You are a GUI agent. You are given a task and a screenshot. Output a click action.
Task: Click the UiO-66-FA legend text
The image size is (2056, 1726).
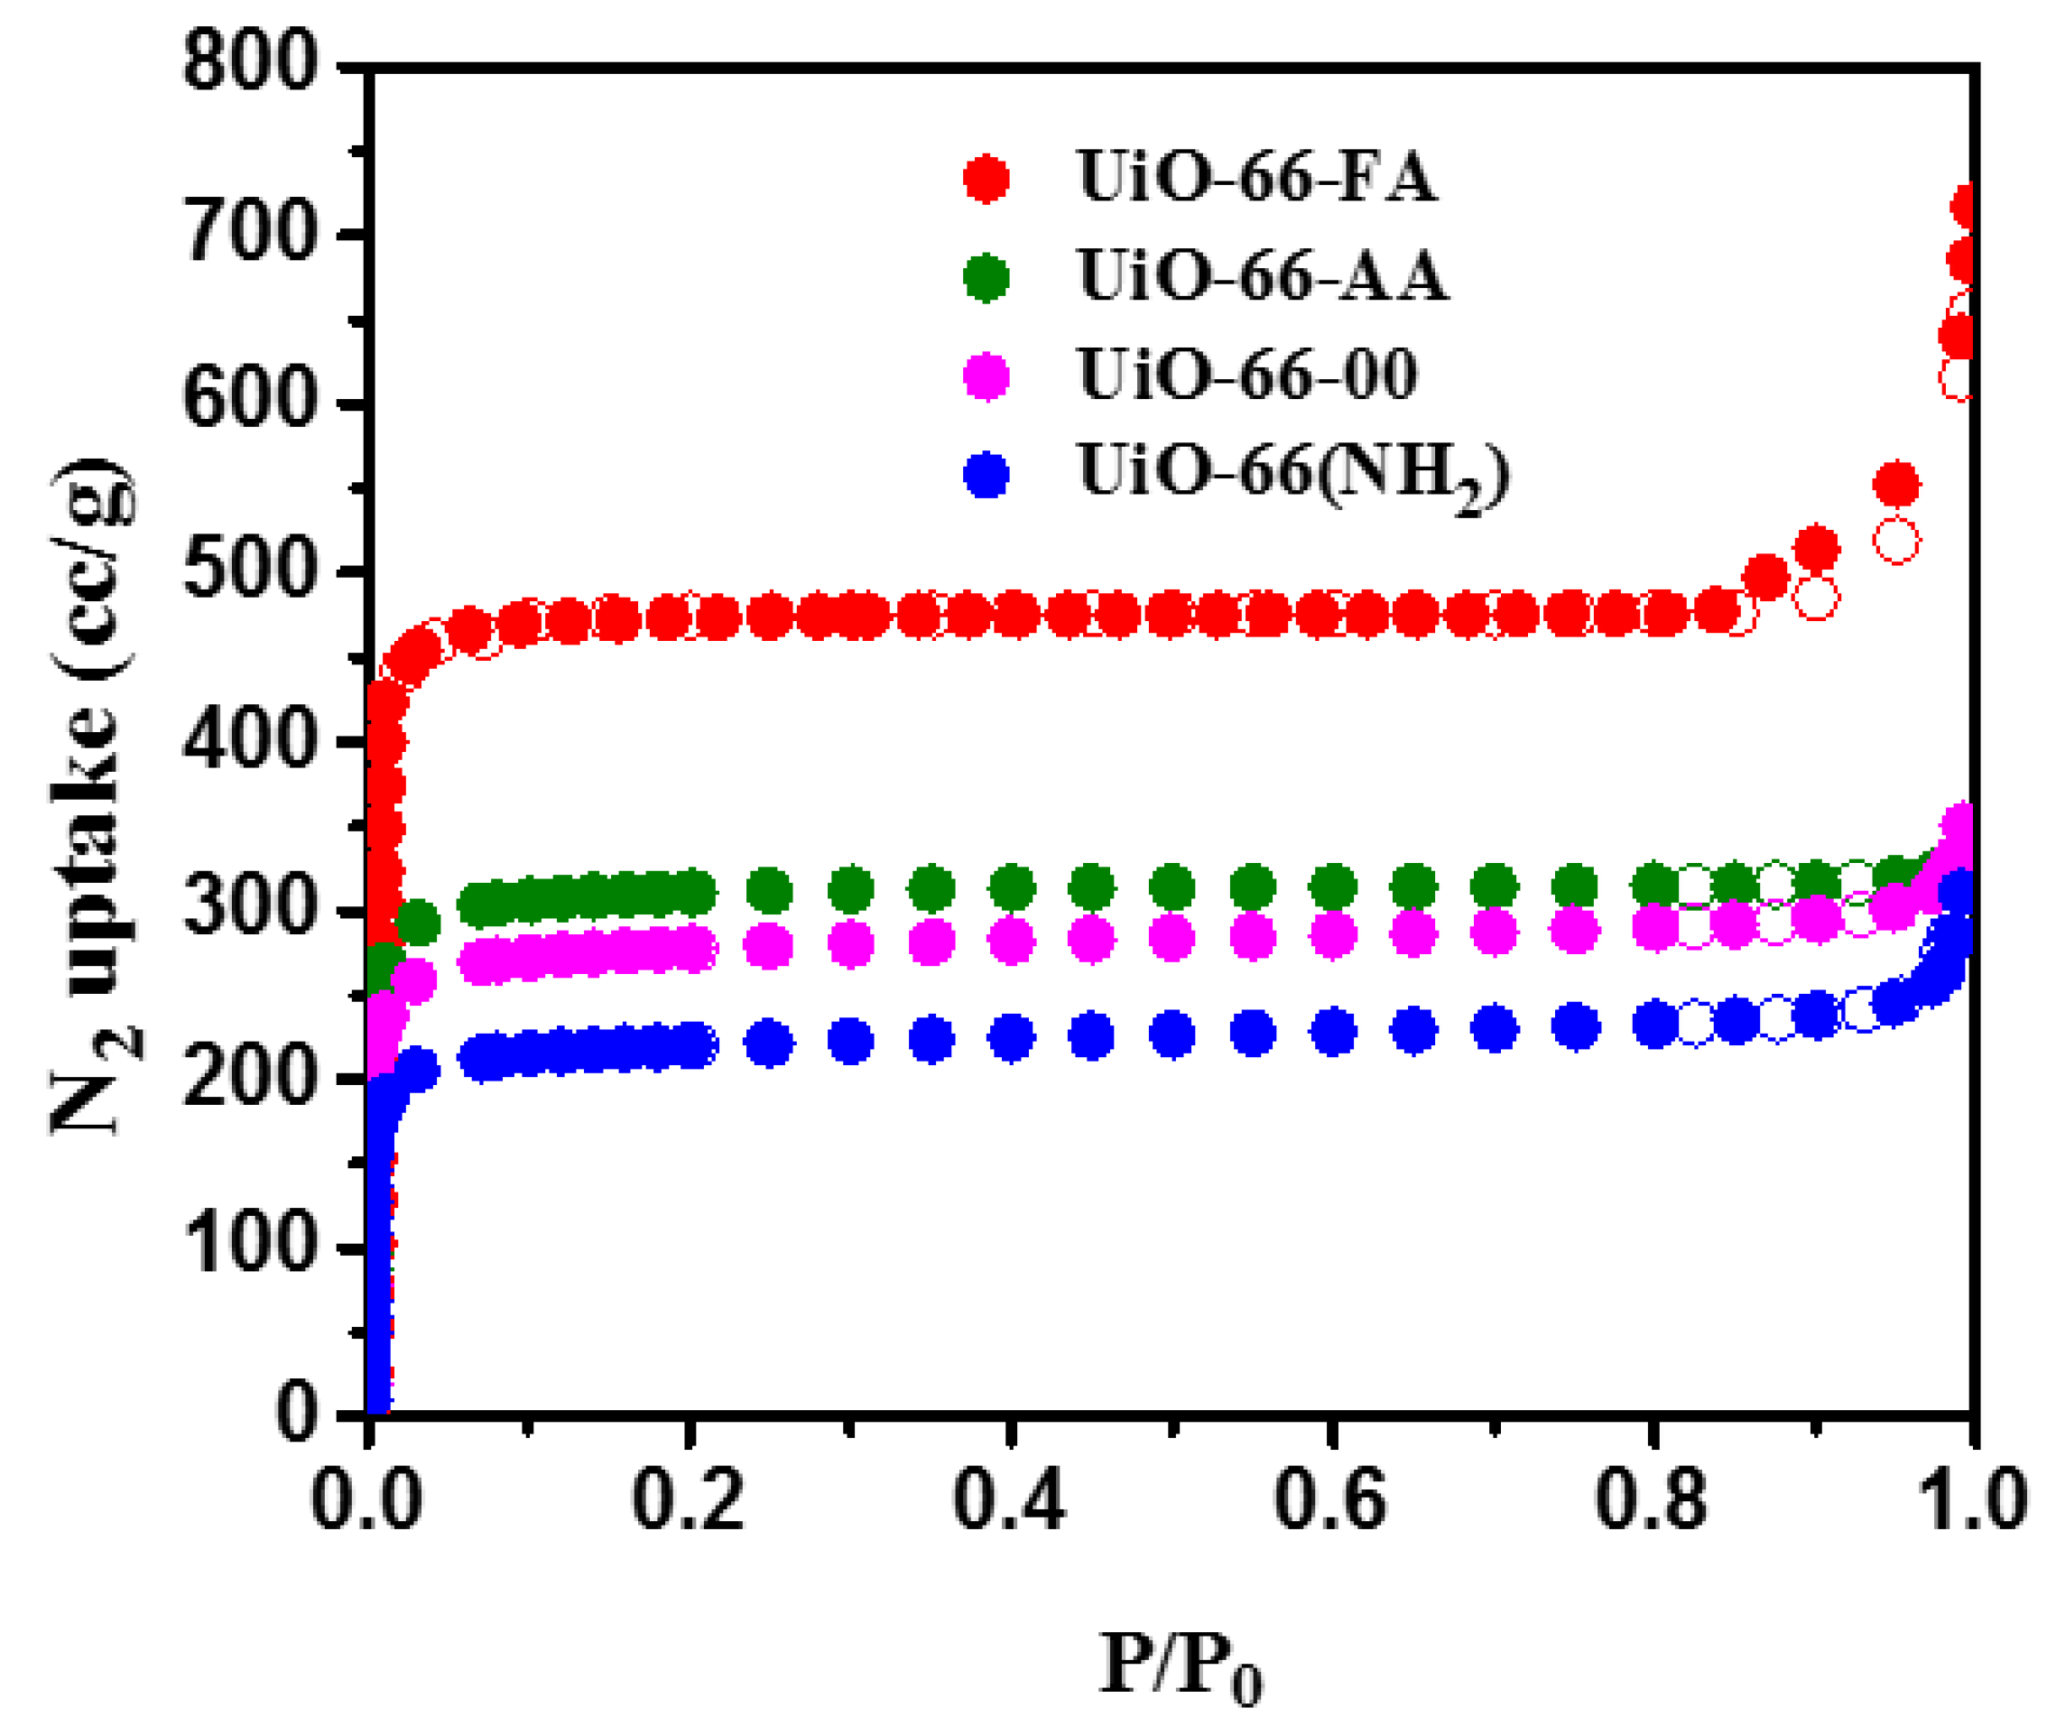[1257, 178]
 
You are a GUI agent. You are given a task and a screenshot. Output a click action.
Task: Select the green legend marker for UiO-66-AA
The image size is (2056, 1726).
[986, 278]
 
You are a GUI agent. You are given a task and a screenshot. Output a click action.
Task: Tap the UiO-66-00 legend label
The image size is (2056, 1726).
[1247, 375]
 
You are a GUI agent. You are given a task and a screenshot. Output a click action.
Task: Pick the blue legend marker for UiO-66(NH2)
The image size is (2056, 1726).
[986, 476]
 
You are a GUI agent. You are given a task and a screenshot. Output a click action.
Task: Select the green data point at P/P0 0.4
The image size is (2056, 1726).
[1012, 888]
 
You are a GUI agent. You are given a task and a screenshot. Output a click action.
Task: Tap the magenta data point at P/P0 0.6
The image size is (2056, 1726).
[1332, 935]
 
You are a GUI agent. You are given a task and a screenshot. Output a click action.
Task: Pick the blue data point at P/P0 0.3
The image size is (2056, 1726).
[850, 1041]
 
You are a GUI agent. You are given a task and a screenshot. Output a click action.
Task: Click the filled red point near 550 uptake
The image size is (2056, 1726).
[1896, 485]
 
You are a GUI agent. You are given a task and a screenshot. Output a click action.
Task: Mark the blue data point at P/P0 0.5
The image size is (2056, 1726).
[1172, 1034]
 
